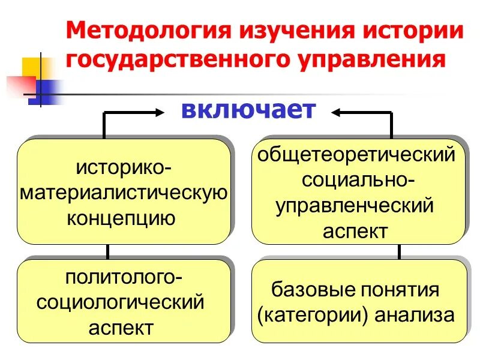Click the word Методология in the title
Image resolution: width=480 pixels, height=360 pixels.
point(143,30)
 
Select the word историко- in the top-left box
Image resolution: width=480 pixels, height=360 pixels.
point(124,167)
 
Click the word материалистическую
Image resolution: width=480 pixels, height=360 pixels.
point(124,193)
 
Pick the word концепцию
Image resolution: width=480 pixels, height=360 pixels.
point(124,218)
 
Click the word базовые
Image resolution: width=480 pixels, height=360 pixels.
point(310,290)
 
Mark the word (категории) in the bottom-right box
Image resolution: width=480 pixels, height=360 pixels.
point(311,315)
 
